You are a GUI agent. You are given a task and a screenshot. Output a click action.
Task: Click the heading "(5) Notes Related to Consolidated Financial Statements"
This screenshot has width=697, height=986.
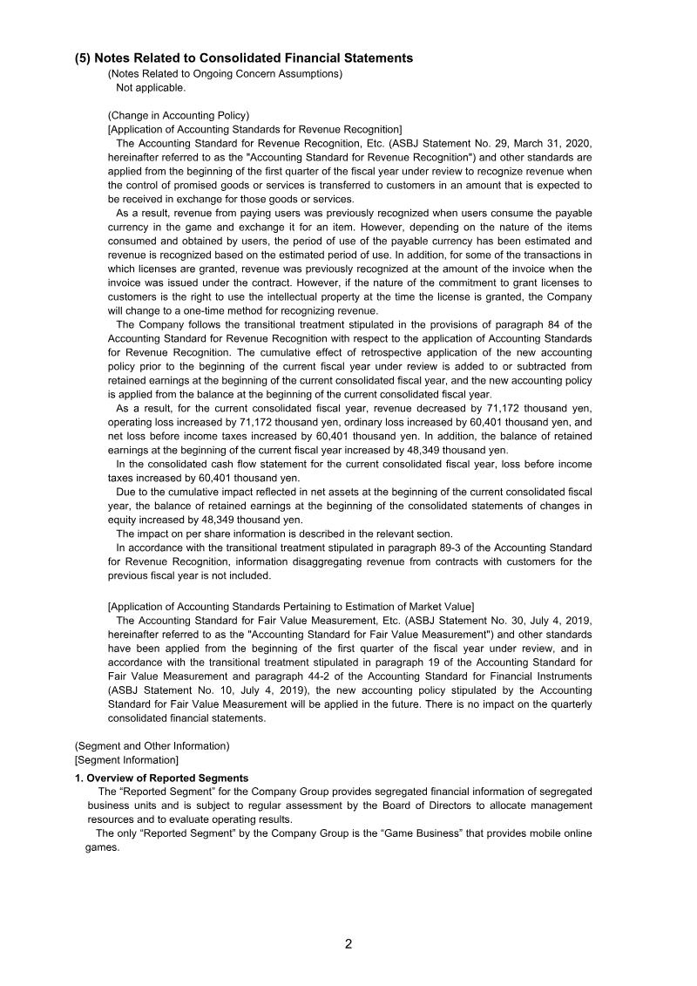(244, 58)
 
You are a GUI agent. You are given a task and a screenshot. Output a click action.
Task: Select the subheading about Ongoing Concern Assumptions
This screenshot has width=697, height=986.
(225, 74)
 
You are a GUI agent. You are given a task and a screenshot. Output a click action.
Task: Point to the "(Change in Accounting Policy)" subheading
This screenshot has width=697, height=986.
(179, 115)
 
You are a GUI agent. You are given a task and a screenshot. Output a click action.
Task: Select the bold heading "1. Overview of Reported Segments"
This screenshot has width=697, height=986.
(161, 778)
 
